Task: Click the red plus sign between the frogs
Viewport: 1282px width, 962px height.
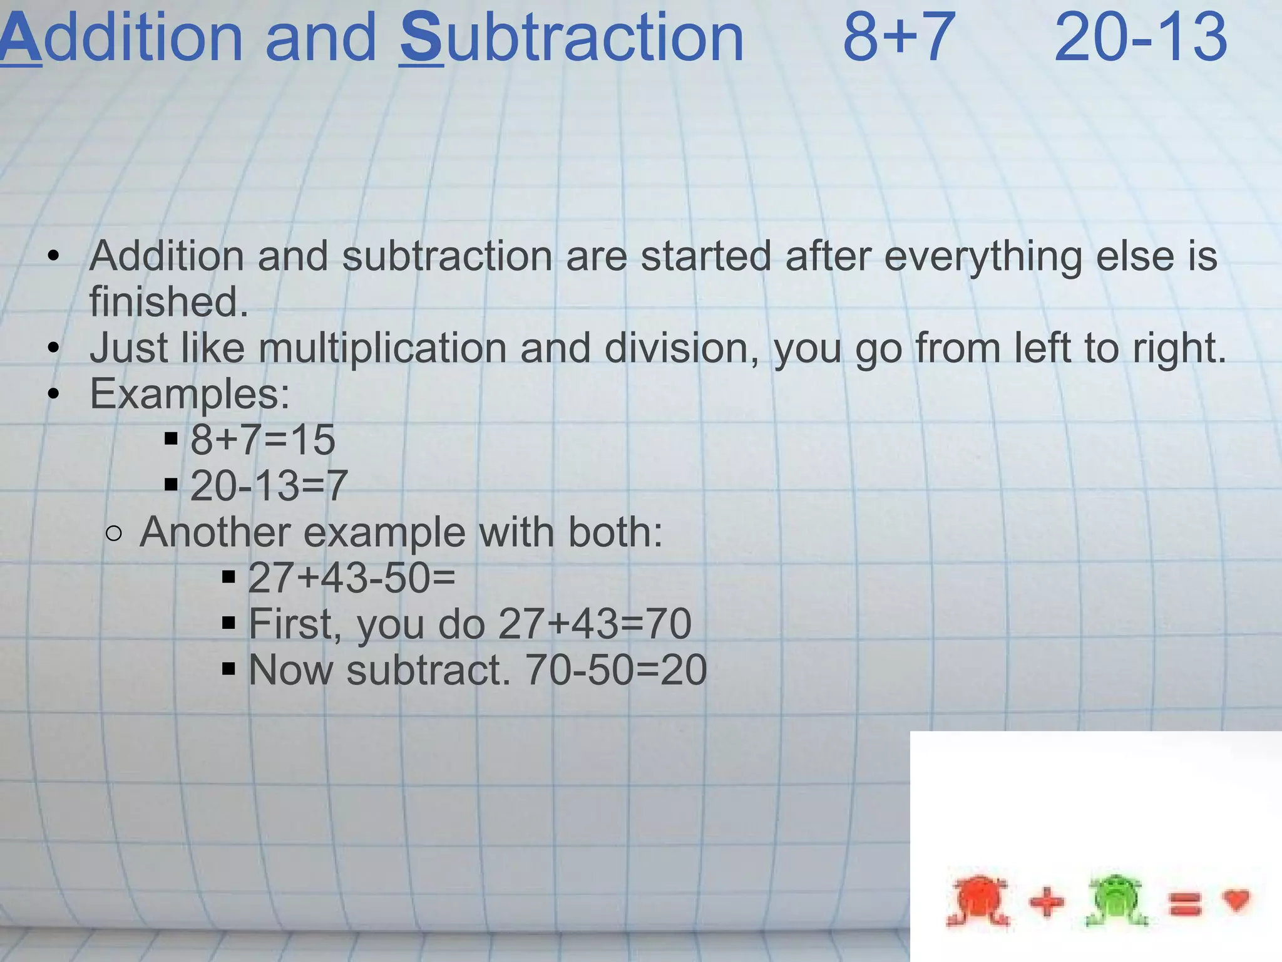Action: (1047, 903)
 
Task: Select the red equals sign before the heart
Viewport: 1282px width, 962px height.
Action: (1185, 903)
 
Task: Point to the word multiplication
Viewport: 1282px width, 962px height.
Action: (382, 348)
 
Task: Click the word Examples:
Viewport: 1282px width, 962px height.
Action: (190, 395)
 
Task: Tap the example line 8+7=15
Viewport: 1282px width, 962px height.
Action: (263, 440)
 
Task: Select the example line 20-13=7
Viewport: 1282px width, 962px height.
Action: (269, 485)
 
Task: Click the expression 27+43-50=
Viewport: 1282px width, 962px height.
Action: (352, 577)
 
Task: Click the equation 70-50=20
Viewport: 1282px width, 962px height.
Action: (616, 670)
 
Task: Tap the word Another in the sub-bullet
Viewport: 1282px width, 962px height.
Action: (213, 532)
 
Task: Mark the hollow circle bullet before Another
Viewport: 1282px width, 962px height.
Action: (114, 534)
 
